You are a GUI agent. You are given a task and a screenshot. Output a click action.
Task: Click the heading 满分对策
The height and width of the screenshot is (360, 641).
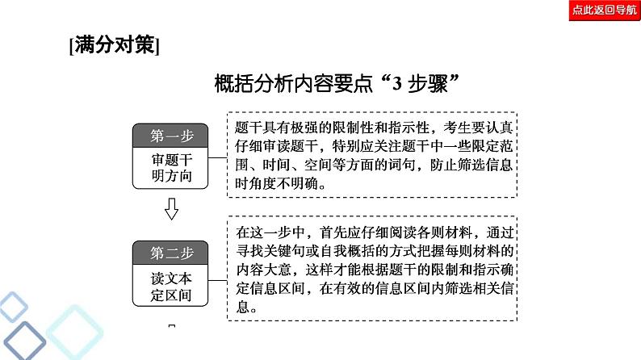point(115,46)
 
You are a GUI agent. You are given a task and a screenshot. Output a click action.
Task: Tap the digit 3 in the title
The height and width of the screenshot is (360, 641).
point(397,84)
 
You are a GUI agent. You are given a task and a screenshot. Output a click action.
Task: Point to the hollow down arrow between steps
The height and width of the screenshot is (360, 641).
point(172,211)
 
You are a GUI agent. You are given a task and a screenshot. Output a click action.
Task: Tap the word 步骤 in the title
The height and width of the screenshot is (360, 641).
point(430,84)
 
